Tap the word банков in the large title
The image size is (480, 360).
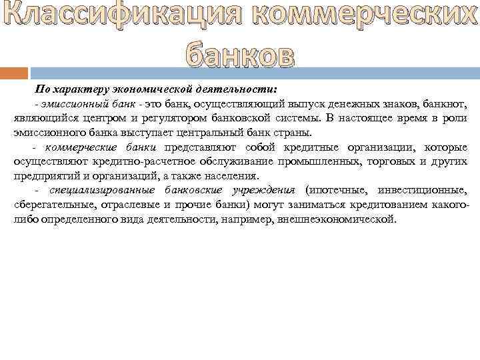(238, 55)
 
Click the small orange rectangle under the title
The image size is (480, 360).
(14, 73)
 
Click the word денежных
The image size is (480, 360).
(358, 103)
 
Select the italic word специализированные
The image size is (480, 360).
(87, 190)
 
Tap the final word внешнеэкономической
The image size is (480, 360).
(338, 219)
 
